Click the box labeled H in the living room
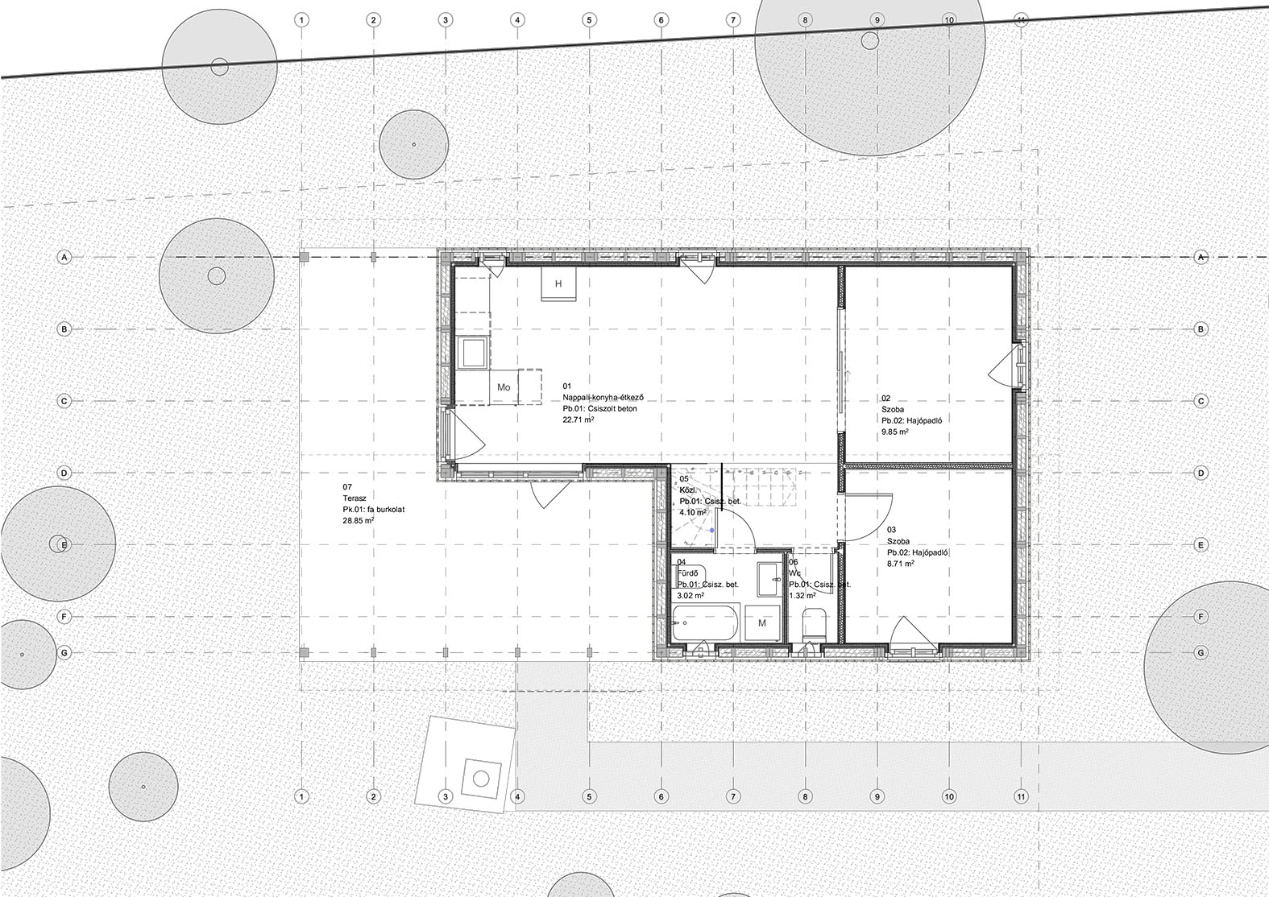558,285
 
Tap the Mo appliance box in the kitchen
504,387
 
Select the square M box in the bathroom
761,622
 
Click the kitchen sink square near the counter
471,352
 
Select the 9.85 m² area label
895,432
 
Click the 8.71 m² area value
900,564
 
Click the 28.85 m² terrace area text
359,521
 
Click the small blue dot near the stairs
711,531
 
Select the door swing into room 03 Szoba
869,515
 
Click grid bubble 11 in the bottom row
1021,797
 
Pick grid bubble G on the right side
1201,652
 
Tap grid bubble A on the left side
64,257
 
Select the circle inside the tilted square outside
481,779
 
